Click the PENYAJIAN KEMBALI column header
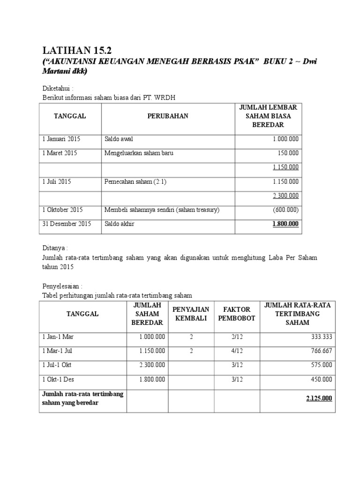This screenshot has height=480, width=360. [191, 314]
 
